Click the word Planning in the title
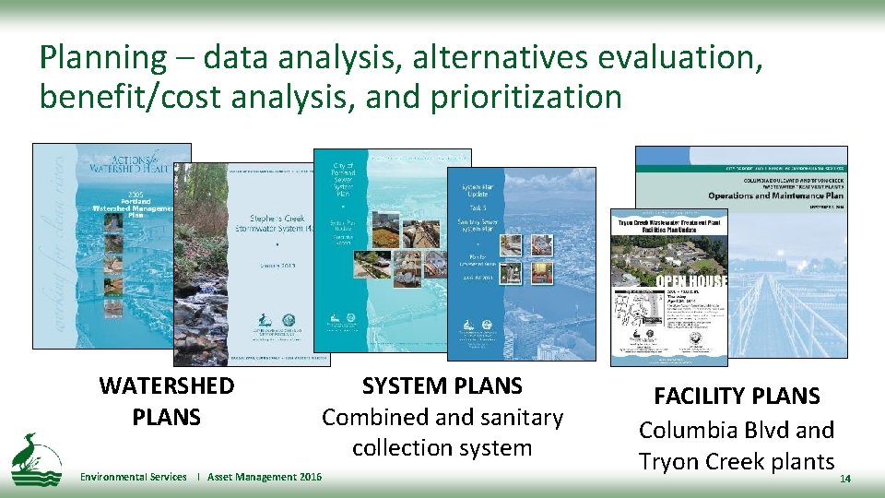[100, 58]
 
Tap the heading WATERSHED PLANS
[167, 401]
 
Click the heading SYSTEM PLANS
[442, 386]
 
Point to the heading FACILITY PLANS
[737, 397]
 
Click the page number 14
[845, 480]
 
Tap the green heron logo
[36, 458]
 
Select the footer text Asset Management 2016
[265, 477]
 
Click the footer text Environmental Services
[133, 477]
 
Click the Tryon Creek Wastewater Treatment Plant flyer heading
[667, 227]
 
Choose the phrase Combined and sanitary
[442, 418]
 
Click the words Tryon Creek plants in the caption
[737, 461]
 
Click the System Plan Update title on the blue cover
[481, 194]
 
